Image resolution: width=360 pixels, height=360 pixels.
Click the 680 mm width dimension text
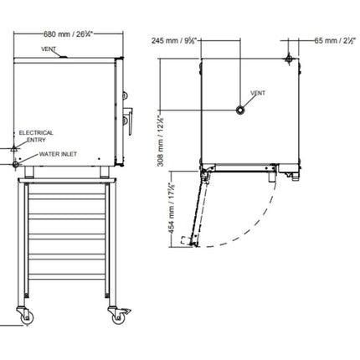click(x=68, y=34)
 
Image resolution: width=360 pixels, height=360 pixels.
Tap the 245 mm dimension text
click(x=174, y=40)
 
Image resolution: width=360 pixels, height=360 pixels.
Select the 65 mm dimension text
click(x=335, y=40)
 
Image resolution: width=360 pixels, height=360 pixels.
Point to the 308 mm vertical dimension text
click(x=162, y=141)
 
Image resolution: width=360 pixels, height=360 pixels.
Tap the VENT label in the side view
click(x=49, y=49)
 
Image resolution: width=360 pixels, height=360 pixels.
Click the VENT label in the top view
click(x=258, y=93)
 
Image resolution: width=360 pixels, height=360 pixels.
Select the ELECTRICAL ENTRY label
click(x=36, y=136)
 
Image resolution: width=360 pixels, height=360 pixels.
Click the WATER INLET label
click(x=58, y=154)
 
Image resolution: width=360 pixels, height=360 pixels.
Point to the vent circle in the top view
click(x=240, y=111)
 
